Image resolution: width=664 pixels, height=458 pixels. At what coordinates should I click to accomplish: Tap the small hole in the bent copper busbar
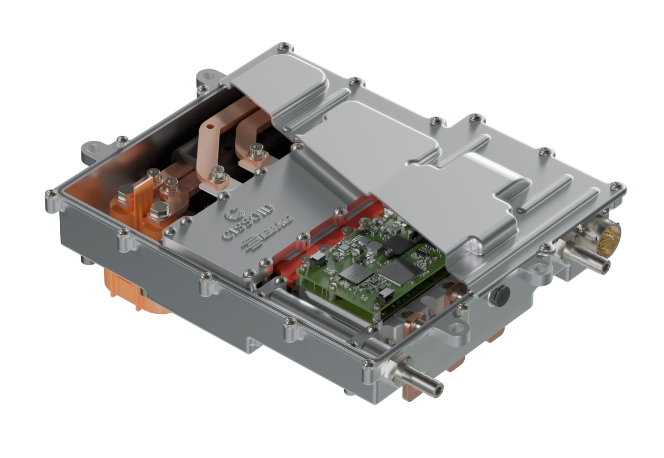206,129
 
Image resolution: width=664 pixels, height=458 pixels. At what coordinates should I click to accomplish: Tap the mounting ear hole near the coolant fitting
457,330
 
